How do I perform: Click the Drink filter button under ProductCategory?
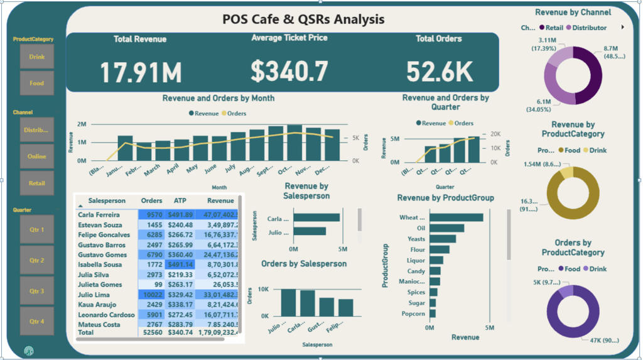pyautogui.click(x=37, y=57)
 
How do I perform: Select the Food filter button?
pyautogui.click(x=37, y=83)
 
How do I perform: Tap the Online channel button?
pyautogui.click(x=37, y=156)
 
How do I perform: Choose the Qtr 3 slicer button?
pyautogui.click(x=37, y=291)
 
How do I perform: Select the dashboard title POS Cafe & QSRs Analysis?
pyautogui.click(x=303, y=19)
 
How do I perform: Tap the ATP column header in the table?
pyautogui.click(x=180, y=201)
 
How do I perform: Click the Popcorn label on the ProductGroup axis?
pyautogui.click(x=413, y=314)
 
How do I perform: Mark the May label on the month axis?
pyautogui.click(x=192, y=168)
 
